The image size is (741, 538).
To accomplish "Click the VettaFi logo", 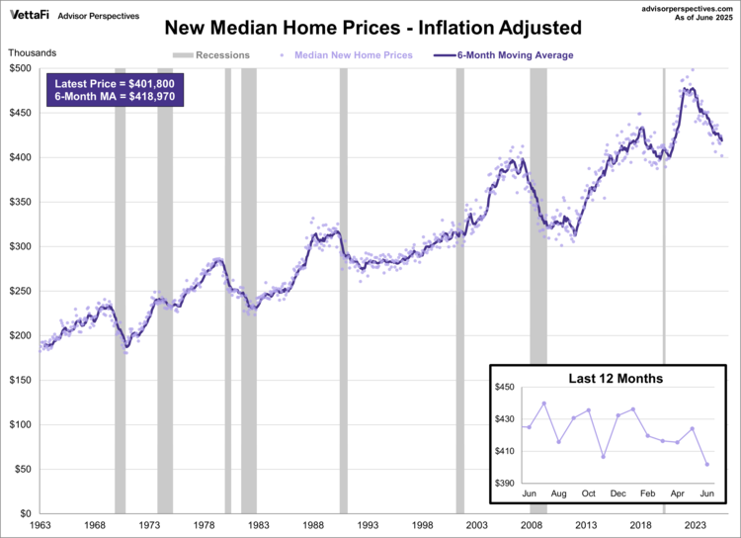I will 30,15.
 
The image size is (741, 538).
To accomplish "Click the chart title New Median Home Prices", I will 371,28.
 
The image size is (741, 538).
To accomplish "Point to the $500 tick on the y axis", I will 21,68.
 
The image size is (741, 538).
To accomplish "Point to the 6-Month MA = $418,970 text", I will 114,101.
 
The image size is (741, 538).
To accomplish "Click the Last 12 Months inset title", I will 616,379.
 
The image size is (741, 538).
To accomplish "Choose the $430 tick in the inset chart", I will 504,419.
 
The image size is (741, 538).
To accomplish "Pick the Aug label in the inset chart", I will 558,493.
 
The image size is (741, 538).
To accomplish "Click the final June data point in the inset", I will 706,464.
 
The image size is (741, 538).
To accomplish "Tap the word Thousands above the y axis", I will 35,52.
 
